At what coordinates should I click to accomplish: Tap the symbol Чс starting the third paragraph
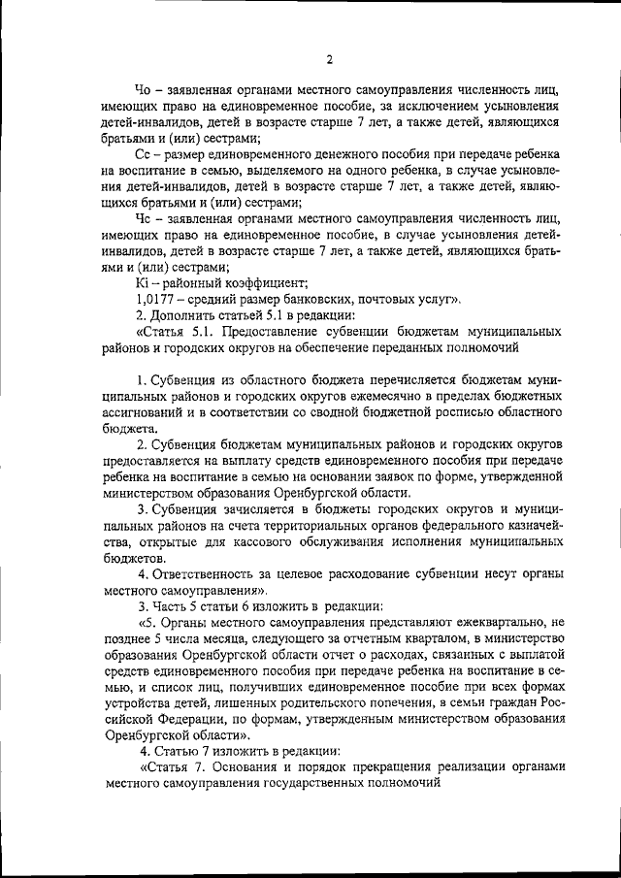pyautogui.click(x=144, y=220)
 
